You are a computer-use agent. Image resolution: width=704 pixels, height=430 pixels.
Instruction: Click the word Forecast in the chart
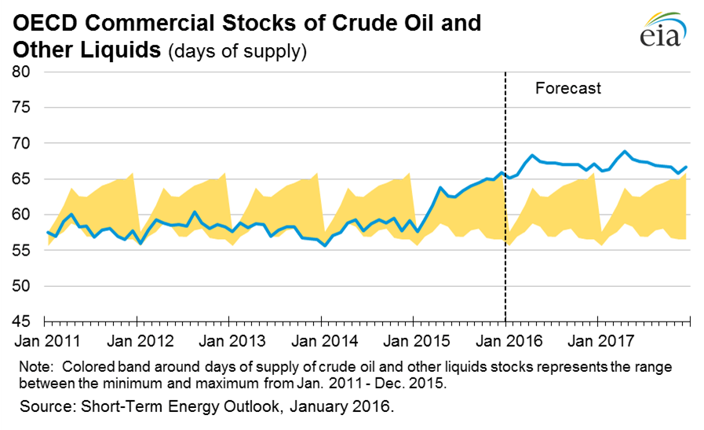point(567,88)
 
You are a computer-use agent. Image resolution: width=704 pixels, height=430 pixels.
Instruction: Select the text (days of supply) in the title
point(235,52)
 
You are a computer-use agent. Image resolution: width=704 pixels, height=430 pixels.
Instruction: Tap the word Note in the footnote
point(35,368)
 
